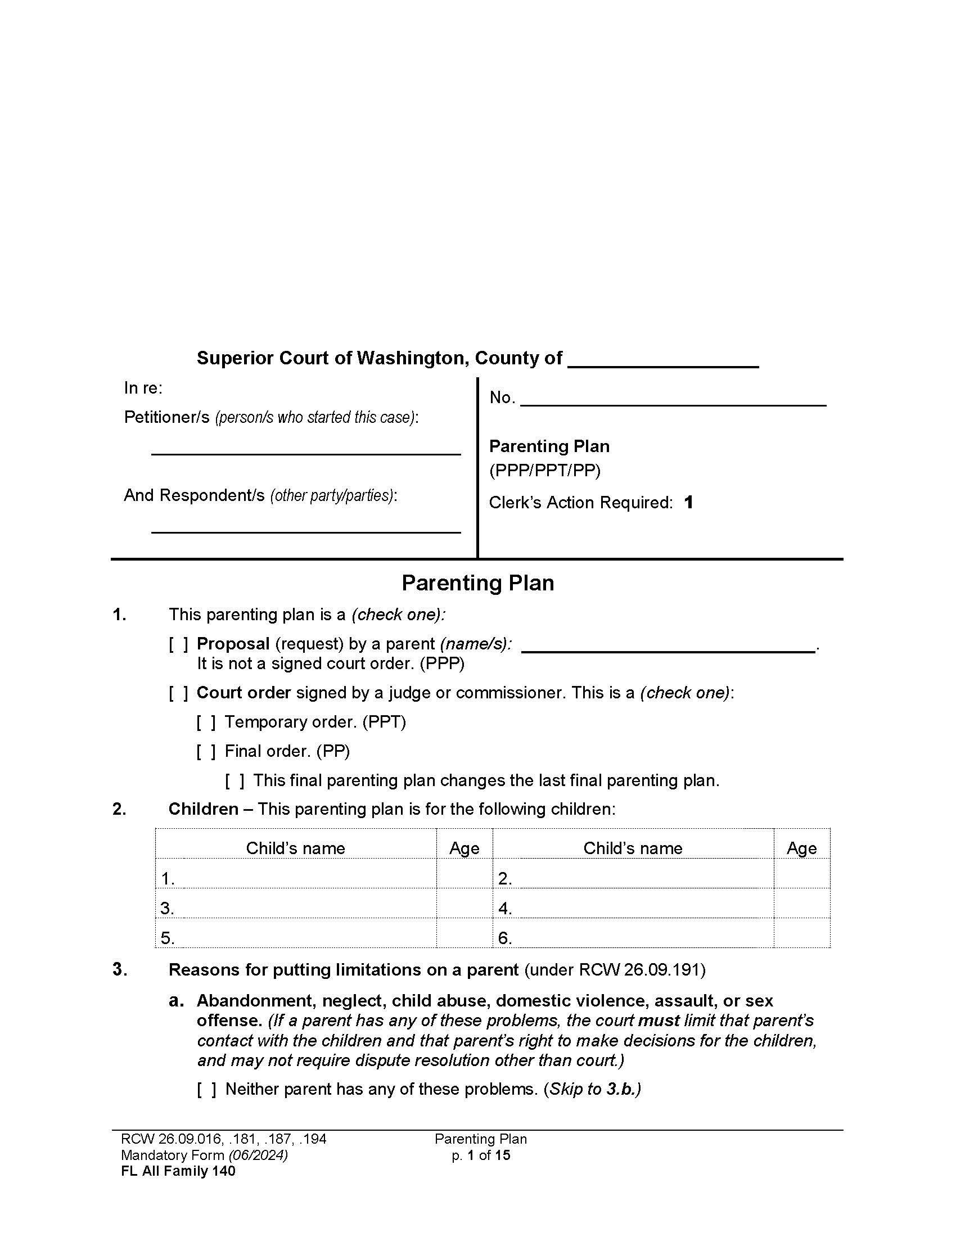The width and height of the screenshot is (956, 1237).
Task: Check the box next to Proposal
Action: pos(178,644)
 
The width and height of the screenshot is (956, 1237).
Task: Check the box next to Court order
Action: pos(178,693)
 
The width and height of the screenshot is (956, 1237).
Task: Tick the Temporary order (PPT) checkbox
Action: pos(206,723)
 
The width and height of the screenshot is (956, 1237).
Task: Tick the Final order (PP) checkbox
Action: pos(206,752)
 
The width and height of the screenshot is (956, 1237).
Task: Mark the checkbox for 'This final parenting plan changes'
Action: pos(235,782)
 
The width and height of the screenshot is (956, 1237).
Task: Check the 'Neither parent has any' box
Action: pos(206,1090)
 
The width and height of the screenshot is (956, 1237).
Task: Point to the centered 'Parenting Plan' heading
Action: pos(477,584)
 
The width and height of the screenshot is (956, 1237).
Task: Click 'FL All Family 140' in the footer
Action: pos(178,1171)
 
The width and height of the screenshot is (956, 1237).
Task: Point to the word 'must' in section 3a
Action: pos(659,1021)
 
